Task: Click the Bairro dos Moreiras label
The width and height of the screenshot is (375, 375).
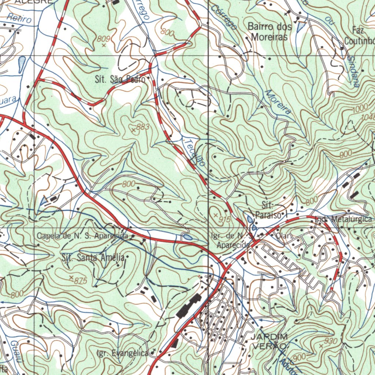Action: coord(270,32)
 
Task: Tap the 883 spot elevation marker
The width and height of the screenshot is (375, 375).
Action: coord(134,130)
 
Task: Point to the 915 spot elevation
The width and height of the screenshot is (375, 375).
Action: coord(215,214)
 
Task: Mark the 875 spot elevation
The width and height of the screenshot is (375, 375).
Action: coord(71,277)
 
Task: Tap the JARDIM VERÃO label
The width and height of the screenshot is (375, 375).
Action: coord(269,341)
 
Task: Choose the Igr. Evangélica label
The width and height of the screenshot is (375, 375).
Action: coord(123,353)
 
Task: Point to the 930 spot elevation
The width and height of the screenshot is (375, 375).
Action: coord(321,345)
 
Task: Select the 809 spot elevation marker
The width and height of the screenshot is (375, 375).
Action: coord(104,45)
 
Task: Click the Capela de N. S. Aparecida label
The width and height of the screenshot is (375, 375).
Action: coord(83,236)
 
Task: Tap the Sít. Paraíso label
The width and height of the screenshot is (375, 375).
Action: coord(270,210)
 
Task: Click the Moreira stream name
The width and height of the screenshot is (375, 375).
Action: coord(278,102)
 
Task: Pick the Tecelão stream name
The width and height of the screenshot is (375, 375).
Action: coord(194,153)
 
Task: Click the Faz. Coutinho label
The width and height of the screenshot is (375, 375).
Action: coord(361,35)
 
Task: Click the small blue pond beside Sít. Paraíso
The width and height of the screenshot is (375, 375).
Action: coord(250,219)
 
